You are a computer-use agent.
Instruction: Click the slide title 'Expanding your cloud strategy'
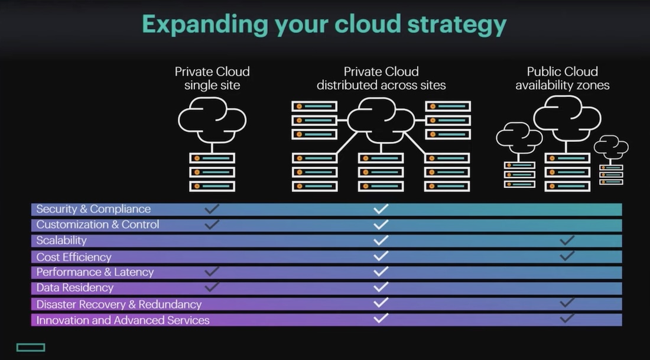[324, 25]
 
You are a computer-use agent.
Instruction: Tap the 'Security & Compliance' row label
[93, 209]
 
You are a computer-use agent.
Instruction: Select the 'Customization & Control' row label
[97, 225]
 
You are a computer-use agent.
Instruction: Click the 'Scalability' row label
[61, 241]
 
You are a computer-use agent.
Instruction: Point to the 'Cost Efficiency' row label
[74, 257]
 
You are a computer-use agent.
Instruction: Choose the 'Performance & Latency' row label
[95, 272]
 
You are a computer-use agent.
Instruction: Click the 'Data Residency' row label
[74, 288]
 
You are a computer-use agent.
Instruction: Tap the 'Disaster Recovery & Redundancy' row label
[119, 304]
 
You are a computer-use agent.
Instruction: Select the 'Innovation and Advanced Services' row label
[123, 320]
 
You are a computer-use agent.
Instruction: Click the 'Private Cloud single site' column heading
[212, 78]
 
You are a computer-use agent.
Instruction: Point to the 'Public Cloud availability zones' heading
[562, 78]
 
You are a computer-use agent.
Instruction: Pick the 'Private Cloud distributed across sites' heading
[381, 78]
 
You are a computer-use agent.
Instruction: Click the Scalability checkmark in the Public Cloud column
[567, 240]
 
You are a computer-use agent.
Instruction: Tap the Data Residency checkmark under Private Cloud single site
[212, 287]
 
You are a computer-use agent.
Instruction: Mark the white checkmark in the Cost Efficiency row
[381, 255]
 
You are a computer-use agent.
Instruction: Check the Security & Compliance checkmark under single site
[212, 209]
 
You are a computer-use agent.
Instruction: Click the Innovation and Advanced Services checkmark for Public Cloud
[567, 317]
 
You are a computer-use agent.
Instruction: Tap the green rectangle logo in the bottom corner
[31, 347]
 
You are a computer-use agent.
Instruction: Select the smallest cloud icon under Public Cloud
[611, 145]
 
